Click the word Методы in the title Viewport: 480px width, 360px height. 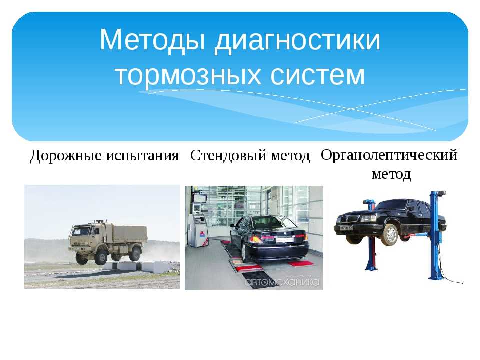152,40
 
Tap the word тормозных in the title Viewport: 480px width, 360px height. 188,74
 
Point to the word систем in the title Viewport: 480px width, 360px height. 318,74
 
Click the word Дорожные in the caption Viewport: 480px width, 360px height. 66,156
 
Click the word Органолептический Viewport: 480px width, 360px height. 389,155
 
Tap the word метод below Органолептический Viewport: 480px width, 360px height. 391,174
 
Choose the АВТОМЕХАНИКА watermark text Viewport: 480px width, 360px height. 282,281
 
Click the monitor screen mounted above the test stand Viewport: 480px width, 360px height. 200,198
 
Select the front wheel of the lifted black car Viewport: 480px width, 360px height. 390,235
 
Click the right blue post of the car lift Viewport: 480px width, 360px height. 435,235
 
